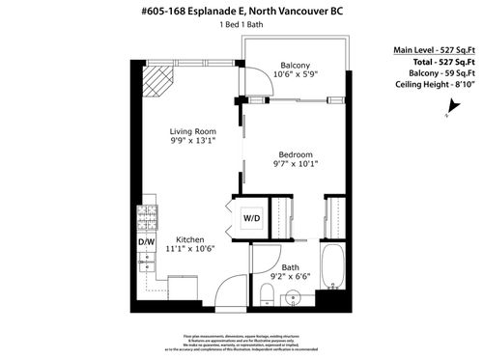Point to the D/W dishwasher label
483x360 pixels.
pos(147,241)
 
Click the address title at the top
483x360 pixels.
pos(241,12)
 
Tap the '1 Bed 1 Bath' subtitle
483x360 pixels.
pos(241,27)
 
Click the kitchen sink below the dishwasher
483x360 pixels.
pos(148,262)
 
